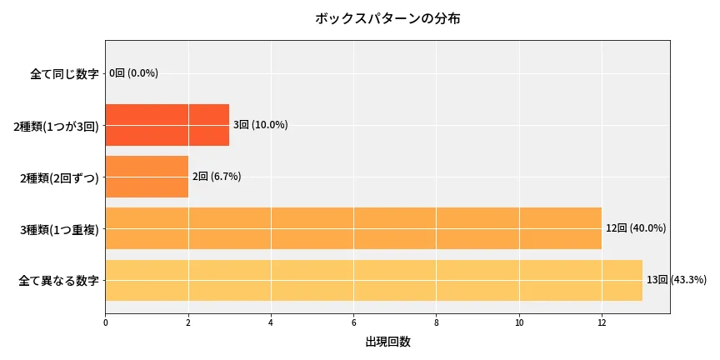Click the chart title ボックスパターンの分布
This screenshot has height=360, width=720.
[x=387, y=18]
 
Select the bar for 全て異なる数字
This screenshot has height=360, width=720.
[x=373, y=280]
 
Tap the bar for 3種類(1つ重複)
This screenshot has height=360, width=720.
[x=353, y=228]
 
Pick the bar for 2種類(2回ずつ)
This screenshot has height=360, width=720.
[x=147, y=177]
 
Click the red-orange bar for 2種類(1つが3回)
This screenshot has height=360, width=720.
[x=167, y=125]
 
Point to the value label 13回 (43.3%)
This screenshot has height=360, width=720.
[x=676, y=280]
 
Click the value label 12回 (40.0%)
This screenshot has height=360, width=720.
[x=636, y=228]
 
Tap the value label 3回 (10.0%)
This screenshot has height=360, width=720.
[x=260, y=125]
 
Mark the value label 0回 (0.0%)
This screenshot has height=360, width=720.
[x=134, y=73]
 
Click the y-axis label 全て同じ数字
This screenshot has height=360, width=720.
[x=64, y=74]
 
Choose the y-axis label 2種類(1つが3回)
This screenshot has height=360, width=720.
[x=56, y=126]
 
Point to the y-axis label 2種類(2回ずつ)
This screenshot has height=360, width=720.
[x=59, y=177]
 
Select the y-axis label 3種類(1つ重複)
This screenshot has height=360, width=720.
[x=59, y=229]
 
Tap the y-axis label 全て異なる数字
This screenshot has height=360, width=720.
[x=58, y=281]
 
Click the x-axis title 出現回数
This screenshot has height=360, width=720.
[x=387, y=342]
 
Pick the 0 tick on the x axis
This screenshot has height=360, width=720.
[x=106, y=322]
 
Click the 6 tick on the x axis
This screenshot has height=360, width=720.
[x=353, y=322]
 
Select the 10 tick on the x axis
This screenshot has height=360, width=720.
[x=519, y=322]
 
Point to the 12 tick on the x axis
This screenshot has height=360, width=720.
[x=602, y=322]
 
